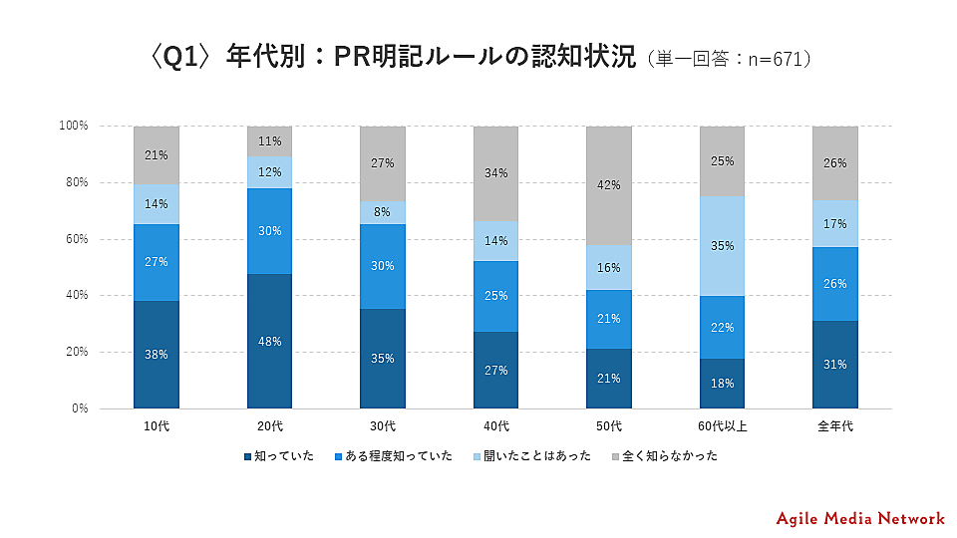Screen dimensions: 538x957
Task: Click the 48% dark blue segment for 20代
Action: coord(269,341)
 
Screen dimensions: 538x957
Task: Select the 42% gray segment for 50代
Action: coord(609,185)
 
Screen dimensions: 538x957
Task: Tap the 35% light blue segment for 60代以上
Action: coord(723,246)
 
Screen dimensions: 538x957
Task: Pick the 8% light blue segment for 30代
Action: coord(383,212)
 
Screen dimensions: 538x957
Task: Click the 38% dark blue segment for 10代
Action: coord(157,354)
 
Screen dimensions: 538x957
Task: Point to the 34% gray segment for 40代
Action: coord(496,173)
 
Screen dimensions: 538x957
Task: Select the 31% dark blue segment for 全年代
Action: coord(835,364)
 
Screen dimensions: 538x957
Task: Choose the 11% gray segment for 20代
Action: coord(269,141)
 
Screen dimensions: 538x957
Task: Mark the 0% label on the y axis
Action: coord(80,408)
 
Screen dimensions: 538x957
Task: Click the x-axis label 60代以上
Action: coord(723,427)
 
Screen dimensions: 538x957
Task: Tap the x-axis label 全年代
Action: coord(835,427)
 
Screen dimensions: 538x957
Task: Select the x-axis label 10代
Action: coord(157,427)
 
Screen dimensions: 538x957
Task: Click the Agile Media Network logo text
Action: coord(859,518)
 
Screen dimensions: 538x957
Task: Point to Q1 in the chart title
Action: coord(181,58)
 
